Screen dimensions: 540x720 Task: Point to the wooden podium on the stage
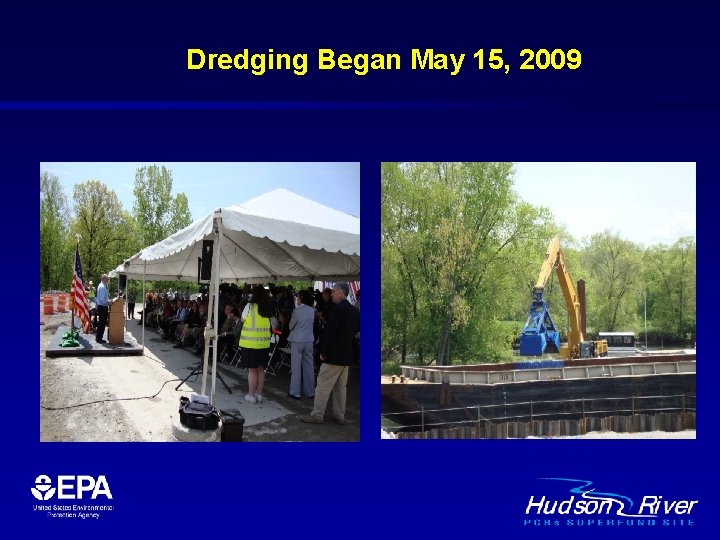point(117,321)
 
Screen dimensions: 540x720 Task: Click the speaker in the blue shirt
point(102,305)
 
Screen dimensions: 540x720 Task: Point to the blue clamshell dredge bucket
point(539,324)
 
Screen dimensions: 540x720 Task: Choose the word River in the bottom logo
point(667,505)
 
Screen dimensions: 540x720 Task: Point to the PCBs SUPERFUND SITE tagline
point(610,522)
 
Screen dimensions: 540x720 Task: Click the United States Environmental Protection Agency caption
point(72,511)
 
